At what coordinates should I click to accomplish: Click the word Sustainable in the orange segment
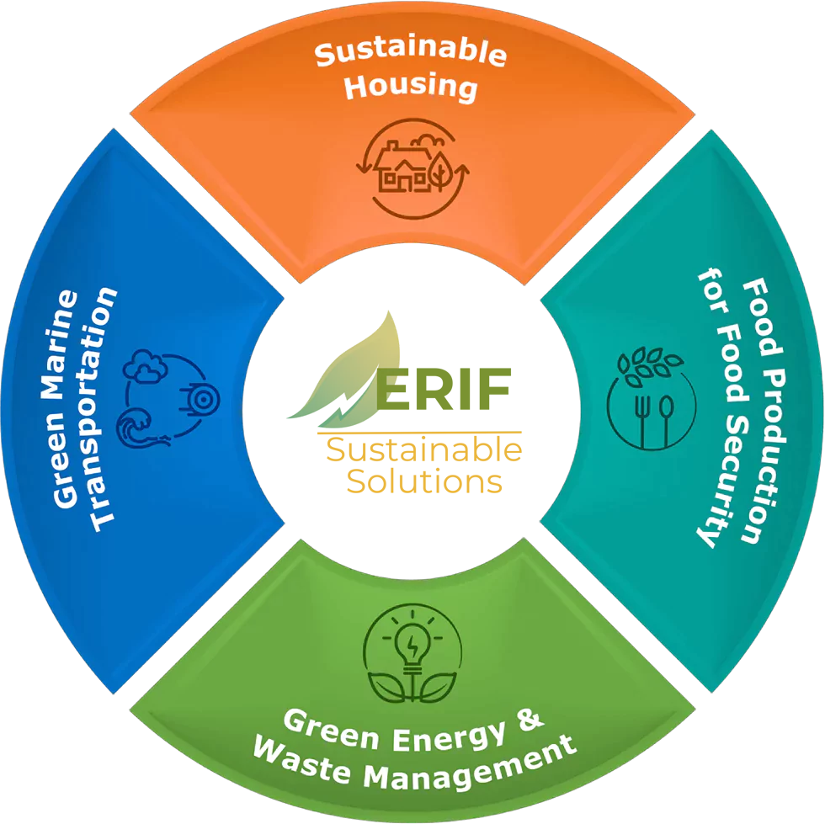(411, 53)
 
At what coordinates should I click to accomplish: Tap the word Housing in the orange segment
(411, 86)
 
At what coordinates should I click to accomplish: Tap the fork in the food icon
(645, 417)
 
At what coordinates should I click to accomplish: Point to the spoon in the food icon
(667, 417)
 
